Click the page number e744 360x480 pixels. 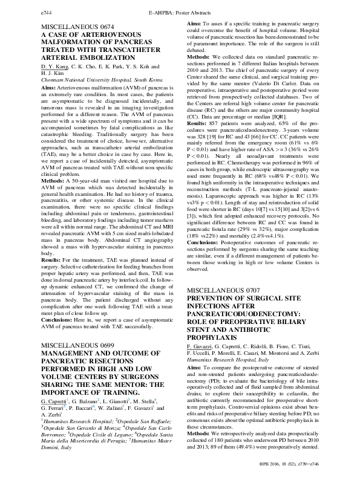(x=47, y=11)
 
